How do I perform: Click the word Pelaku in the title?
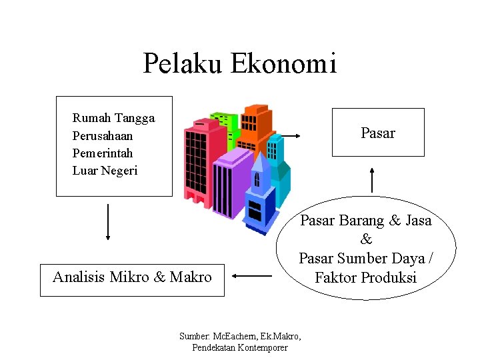pyautogui.click(x=183, y=64)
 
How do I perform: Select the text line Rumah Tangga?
pyautogui.click(x=113, y=118)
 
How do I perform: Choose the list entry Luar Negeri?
pyautogui.click(x=105, y=170)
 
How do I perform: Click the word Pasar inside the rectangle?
pyautogui.click(x=377, y=133)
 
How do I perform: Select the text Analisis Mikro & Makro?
pyautogui.click(x=132, y=277)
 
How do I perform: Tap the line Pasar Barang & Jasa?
pyautogui.click(x=365, y=220)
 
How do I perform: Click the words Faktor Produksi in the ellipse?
pyautogui.click(x=365, y=277)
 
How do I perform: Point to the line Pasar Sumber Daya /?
pyautogui.click(x=365, y=258)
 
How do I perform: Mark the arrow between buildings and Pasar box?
pyautogui.click(x=286, y=136)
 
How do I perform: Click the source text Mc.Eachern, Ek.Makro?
pyautogui.click(x=240, y=336)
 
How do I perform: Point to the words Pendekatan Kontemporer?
pyautogui.click(x=240, y=347)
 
